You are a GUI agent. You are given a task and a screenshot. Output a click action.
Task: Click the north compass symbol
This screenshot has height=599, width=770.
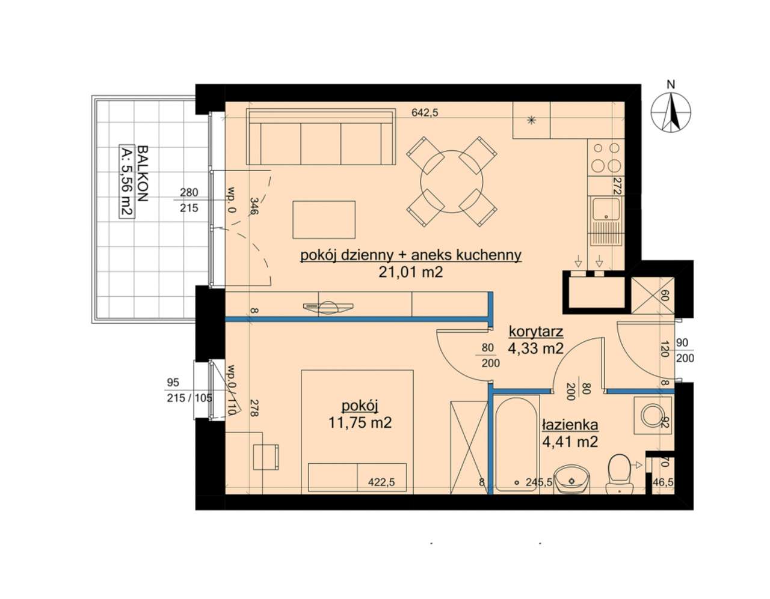point(670,111)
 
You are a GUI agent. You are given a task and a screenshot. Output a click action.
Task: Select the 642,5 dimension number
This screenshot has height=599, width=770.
point(425,112)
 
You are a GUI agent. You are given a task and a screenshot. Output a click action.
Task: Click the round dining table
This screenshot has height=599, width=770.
point(451,181)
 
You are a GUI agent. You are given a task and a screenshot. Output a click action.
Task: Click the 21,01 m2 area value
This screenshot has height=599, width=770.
point(411,272)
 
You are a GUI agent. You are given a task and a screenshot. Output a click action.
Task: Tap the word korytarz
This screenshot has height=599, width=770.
point(536,332)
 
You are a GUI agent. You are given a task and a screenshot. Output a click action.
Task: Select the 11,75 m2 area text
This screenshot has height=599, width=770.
point(360,422)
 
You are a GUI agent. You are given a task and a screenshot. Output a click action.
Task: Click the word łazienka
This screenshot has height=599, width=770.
point(570,425)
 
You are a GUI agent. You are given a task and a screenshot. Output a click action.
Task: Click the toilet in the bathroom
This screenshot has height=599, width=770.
point(620,474)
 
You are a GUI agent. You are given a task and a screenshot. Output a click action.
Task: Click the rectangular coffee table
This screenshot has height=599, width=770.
point(324,219)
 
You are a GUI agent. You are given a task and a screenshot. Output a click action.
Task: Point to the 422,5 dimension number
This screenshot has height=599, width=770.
point(381,482)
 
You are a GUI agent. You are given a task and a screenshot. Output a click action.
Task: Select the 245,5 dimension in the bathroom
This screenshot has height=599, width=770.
point(539,482)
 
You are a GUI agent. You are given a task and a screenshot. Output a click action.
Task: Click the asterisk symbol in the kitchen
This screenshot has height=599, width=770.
point(531,120)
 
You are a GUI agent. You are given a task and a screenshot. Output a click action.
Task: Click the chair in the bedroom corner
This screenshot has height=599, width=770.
point(266,457)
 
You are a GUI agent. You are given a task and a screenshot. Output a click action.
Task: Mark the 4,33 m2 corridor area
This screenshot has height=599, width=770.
point(535,349)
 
